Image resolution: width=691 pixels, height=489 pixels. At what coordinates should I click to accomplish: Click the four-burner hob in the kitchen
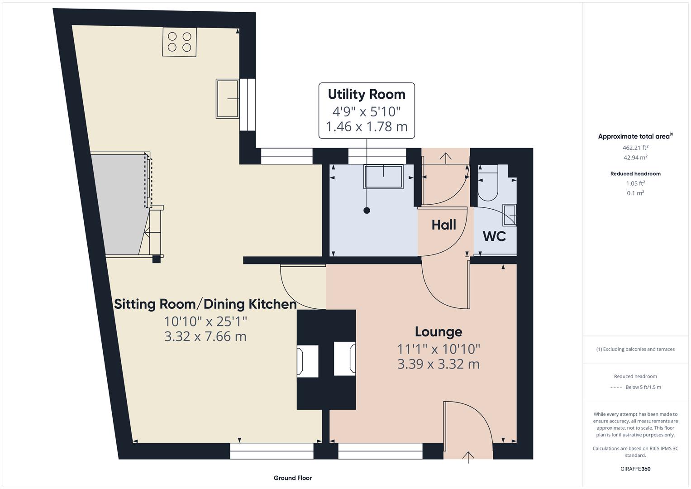click(x=180, y=42)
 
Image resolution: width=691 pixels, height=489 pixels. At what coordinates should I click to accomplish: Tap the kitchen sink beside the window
click(x=228, y=98)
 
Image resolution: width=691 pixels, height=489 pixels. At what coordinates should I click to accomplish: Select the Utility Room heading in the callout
click(x=367, y=94)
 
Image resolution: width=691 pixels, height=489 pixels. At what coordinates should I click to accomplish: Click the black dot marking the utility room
click(x=367, y=211)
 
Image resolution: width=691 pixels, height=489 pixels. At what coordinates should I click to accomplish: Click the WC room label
click(x=494, y=236)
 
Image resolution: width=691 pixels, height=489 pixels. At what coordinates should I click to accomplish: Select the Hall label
click(x=443, y=225)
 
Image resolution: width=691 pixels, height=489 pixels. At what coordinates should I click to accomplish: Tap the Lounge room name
click(x=438, y=331)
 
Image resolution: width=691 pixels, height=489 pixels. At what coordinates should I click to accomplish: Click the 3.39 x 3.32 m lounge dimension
click(x=438, y=364)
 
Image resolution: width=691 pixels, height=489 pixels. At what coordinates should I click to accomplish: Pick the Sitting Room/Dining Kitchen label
click(x=205, y=304)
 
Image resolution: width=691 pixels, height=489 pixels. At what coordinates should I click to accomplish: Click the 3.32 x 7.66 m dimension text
click(x=205, y=336)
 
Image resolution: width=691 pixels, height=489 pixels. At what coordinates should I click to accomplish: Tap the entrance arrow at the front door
click(x=468, y=456)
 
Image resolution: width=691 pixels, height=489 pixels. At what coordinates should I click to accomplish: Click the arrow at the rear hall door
click(x=446, y=158)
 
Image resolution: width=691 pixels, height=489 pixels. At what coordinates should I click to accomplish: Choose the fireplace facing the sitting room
click(x=307, y=360)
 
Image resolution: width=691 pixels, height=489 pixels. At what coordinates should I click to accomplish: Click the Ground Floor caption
click(x=292, y=478)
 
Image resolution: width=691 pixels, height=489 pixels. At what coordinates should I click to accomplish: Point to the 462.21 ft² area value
click(x=635, y=148)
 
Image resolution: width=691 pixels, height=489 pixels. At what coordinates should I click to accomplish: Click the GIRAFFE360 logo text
click(x=635, y=469)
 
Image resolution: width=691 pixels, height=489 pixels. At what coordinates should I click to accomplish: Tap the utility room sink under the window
click(x=383, y=176)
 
